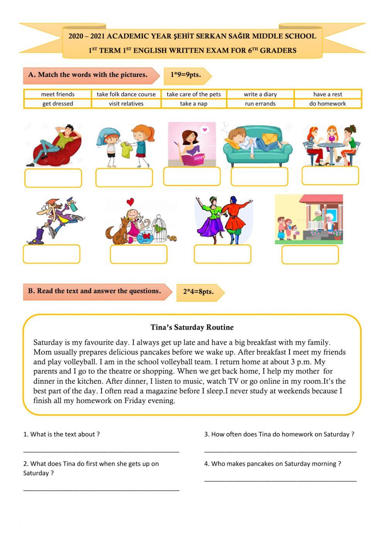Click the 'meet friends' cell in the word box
[x=58, y=94]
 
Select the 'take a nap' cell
[x=193, y=104]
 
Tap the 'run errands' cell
[x=260, y=104]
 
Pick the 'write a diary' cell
[x=260, y=94]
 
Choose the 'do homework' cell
[x=327, y=104]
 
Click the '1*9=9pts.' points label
[x=186, y=75]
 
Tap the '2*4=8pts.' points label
[x=198, y=292]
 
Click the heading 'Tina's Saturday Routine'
[x=192, y=327]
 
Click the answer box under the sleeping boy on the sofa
[x=259, y=177]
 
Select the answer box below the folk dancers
[x=222, y=254]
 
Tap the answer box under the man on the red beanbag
[x=53, y=178]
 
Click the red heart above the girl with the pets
[x=130, y=202]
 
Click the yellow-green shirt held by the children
[x=126, y=150]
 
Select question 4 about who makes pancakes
[x=273, y=464]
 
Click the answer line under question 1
[x=101, y=451]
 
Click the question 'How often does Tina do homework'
[x=279, y=434]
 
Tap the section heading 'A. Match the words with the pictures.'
[x=88, y=75]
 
